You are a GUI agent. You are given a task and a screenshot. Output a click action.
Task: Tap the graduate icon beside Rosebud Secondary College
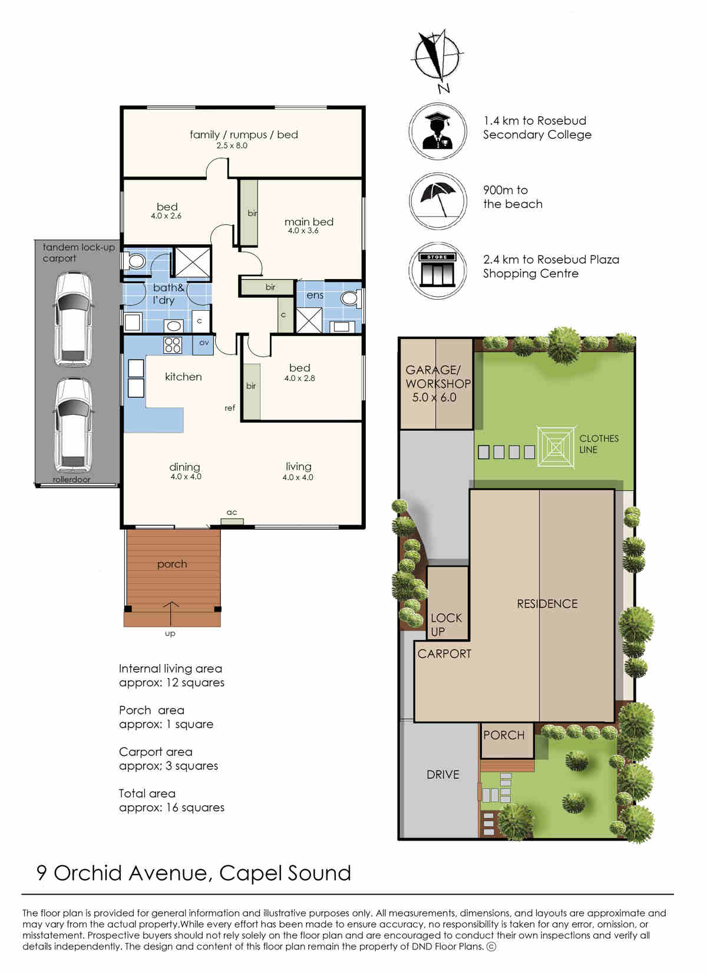(437, 131)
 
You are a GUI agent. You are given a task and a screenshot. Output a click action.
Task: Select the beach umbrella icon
(438, 200)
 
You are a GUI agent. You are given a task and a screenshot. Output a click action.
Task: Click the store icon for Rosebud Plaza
(437, 270)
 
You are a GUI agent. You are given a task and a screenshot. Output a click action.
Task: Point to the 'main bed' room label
(309, 221)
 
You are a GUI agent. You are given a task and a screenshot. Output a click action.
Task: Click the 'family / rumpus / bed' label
(244, 135)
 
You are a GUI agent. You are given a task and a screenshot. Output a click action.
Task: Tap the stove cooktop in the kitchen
(172, 346)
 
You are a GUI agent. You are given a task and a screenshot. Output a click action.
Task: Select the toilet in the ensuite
(351, 298)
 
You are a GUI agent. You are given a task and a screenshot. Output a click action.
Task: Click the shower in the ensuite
(309, 320)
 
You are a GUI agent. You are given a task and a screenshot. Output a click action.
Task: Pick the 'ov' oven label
(204, 343)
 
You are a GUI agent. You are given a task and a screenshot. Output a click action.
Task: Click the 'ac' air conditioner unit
(232, 522)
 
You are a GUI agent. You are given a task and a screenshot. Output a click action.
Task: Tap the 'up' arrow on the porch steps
(170, 614)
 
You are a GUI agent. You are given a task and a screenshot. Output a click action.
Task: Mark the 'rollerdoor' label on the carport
(71, 480)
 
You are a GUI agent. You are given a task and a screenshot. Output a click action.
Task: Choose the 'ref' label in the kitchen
(230, 408)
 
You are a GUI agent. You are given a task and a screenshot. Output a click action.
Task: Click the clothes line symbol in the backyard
(557, 447)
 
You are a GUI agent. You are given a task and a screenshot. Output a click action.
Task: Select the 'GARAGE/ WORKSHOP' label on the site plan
(438, 377)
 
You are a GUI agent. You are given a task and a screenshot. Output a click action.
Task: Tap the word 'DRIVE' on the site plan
(442, 775)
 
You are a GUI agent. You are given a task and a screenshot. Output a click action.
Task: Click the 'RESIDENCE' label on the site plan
(547, 604)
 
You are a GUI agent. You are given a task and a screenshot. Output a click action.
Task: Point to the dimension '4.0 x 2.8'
(299, 378)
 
